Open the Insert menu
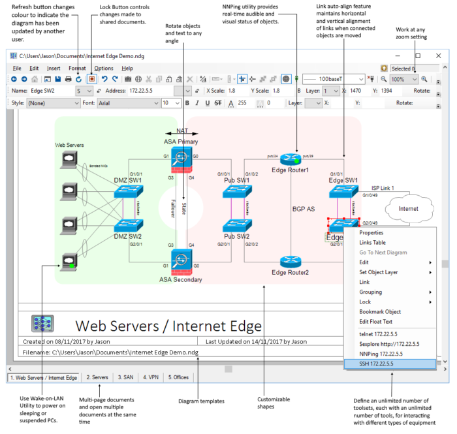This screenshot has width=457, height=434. pyautogui.click(x=54, y=68)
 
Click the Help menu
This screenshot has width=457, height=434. pyautogui.click(x=127, y=68)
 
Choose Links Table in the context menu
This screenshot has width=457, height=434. pyautogui.click(x=373, y=243)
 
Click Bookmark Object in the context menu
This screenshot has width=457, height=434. pyautogui.click(x=380, y=312)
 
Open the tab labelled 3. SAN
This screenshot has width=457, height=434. pyautogui.click(x=125, y=377)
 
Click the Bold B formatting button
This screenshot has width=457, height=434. pyautogui.click(x=187, y=103)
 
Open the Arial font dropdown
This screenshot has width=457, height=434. pyautogui.click(x=129, y=103)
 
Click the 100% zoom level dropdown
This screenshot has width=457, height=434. pyautogui.click(x=403, y=78)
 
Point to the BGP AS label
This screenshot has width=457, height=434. pyautogui.click(x=303, y=209)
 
